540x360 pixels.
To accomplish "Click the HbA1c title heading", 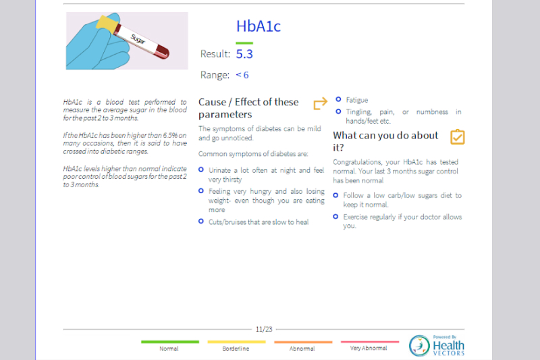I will [x=258, y=26].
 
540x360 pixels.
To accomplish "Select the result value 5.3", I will [x=244, y=54].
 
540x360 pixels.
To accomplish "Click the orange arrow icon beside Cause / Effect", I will [x=320, y=104].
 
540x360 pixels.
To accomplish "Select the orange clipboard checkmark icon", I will [x=457, y=137].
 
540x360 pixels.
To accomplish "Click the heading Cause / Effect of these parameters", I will [x=248, y=108].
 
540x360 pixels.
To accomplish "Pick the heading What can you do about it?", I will [x=385, y=141].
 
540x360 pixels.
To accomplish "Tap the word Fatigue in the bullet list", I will [x=357, y=100].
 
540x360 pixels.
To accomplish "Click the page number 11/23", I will [x=264, y=330].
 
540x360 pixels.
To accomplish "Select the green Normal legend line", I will [x=169, y=342].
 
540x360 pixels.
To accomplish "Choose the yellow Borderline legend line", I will [x=236, y=342].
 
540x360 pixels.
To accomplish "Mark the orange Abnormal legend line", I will [x=302, y=342].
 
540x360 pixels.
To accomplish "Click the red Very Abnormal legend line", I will [x=369, y=342].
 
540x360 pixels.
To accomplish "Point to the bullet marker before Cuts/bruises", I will [x=201, y=221].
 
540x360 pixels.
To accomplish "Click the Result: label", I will [x=215, y=54].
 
